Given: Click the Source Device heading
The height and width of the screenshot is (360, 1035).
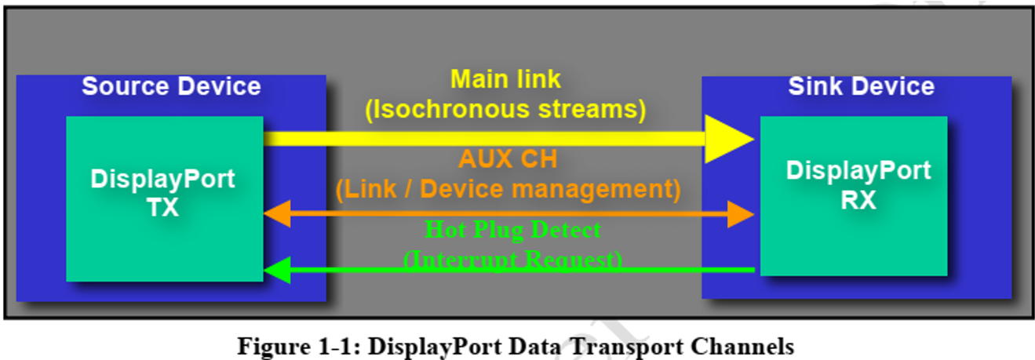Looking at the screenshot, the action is pyautogui.click(x=171, y=86).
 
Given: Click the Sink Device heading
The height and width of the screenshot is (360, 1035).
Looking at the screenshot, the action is pyautogui.click(x=861, y=86).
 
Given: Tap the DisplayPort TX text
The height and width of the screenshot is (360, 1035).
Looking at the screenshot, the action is pyautogui.click(x=162, y=193).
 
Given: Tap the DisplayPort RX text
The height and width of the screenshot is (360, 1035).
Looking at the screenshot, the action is pyautogui.click(x=858, y=185).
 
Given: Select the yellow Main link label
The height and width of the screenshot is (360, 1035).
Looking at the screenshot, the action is pyautogui.click(x=505, y=79).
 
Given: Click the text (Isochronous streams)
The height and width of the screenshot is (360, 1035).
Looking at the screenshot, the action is pyautogui.click(x=505, y=110).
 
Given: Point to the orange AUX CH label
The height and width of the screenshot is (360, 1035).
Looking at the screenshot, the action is pyautogui.click(x=508, y=159).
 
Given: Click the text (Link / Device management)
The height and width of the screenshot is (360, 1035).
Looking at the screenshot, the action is pyautogui.click(x=508, y=188).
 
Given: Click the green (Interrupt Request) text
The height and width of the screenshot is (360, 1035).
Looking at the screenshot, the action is pyautogui.click(x=512, y=259).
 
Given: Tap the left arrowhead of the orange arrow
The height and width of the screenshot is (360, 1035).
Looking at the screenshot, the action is pyautogui.click(x=276, y=213).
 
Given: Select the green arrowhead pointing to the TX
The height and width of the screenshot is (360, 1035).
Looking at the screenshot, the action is pyautogui.click(x=276, y=271).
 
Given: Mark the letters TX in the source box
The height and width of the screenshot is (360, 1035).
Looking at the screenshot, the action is pyautogui.click(x=162, y=208).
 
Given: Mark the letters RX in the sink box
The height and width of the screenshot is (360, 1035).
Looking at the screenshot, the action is pyautogui.click(x=858, y=201).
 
